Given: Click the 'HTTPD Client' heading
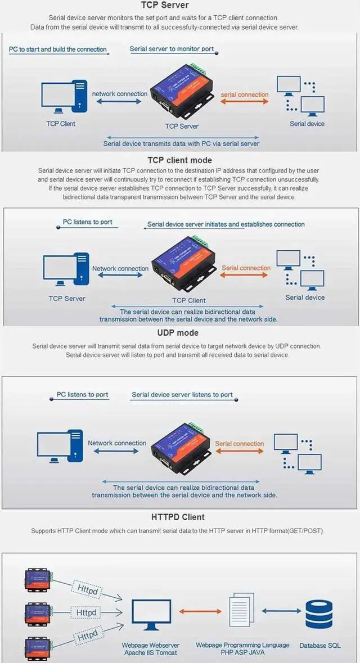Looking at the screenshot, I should [178, 517].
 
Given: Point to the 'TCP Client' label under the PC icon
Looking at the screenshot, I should [61, 124].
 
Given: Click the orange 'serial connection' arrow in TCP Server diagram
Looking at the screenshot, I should [244, 102].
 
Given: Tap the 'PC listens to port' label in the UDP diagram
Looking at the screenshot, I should [83, 395].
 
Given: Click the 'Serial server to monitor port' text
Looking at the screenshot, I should [172, 49].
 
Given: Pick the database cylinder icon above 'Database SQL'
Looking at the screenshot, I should [319, 614].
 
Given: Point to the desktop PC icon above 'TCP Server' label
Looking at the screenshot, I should [66, 269].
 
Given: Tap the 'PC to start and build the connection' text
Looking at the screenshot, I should [57, 49].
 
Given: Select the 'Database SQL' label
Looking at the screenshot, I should [319, 646].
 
